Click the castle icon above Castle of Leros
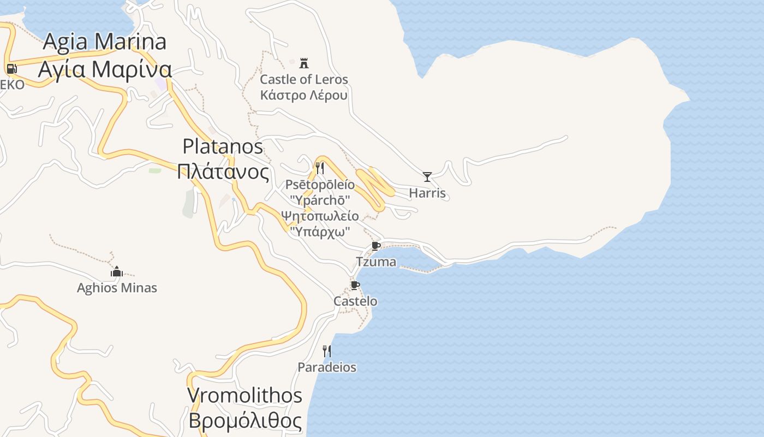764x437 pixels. coord(304,63)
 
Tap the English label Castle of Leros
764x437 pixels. coord(304,79)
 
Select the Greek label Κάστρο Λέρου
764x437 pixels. coord(304,95)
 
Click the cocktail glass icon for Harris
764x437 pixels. coord(427,176)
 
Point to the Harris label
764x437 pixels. coord(427,193)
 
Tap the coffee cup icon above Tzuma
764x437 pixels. coord(376,245)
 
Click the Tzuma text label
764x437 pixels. coord(376,262)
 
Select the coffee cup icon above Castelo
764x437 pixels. coord(355,285)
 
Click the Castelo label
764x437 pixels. coord(355,301)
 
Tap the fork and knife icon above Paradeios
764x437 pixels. coord(327,351)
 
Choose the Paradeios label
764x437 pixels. coord(327,367)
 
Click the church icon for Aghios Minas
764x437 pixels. coord(117,271)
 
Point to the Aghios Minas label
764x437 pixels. coord(117,288)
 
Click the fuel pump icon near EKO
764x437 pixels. coord(11,69)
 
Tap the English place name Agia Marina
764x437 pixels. coord(105,42)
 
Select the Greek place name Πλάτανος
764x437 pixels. coord(223,172)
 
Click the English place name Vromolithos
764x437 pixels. coord(244,395)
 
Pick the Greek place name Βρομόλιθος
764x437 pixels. coord(245,421)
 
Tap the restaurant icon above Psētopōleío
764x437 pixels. coord(320,168)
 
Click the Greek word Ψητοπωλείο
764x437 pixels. coord(320,216)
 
